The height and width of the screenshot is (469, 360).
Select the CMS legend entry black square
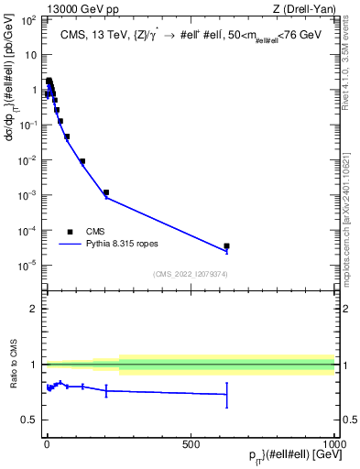coord(70,232)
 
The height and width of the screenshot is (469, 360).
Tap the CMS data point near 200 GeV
coord(106,192)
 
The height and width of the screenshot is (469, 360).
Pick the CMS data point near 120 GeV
coord(82,161)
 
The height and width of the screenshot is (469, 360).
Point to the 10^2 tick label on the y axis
coord(30,19)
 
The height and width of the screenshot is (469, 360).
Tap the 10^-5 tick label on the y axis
coord(29,265)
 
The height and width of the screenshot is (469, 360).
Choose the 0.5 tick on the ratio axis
coord(31,420)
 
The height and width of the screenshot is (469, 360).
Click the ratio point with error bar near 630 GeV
coord(226,395)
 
